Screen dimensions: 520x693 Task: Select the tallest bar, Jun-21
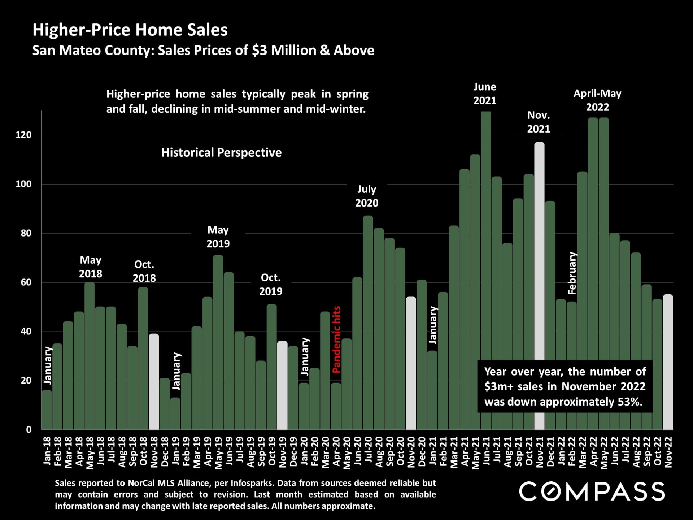pos(486,271)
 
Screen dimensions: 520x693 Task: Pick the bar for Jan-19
pos(175,414)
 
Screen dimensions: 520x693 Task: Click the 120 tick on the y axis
pos(24,135)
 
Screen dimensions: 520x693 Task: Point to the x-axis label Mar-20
pos(326,452)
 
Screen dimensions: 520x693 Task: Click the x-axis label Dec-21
pos(550,452)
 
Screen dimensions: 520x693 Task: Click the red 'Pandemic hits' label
pos(336,339)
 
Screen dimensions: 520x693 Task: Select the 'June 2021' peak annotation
pos(485,94)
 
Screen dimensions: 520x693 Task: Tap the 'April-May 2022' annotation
pos(597,100)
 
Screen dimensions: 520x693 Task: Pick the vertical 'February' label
pos(572,273)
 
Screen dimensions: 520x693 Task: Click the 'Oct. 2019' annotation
pos(271,284)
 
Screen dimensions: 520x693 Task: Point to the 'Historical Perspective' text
pos(221,152)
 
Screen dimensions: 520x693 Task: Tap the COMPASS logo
pos(592,491)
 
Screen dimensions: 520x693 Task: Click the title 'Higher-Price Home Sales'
pos(130,30)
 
